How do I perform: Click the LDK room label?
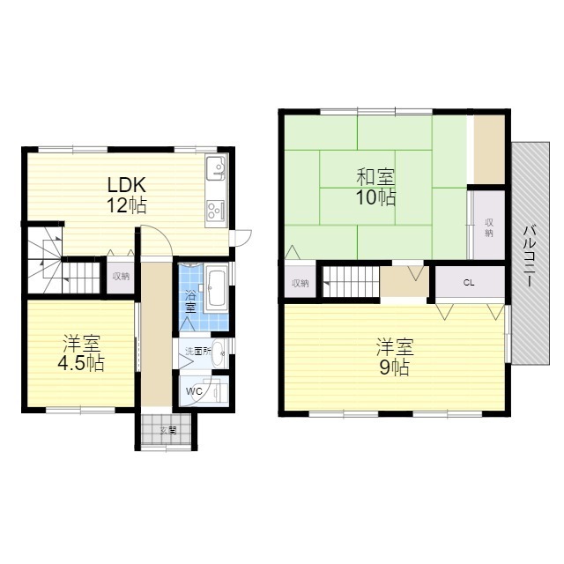(x=127, y=185)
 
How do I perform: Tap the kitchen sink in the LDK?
(x=216, y=168)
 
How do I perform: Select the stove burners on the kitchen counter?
(x=216, y=211)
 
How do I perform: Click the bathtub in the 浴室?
(x=216, y=288)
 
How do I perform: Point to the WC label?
(x=194, y=391)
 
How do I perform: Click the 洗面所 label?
(x=197, y=351)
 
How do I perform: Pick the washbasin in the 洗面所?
(x=219, y=352)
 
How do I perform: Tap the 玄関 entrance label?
(x=168, y=430)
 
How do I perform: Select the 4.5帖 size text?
(x=81, y=363)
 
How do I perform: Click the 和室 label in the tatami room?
(x=375, y=176)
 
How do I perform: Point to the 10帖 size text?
(x=376, y=197)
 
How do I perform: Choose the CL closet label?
(x=469, y=283)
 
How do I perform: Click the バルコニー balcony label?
(x=530, y=255)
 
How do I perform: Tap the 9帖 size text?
(x=395, y=367)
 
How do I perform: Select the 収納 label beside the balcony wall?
(x=489, y=227)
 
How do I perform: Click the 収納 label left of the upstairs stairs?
(x=300, y=284)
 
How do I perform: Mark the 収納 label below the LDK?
(x=121, y=276)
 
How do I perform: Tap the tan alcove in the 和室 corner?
(x=488, y=150)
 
